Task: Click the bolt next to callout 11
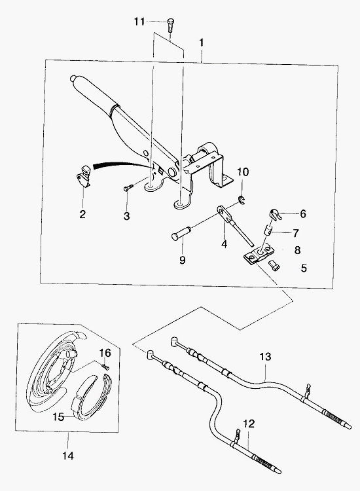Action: pos(170,25)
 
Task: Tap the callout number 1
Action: pos(202,42)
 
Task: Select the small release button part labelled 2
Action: pos(84,176)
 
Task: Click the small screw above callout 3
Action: pos(128,187)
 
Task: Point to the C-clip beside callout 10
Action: pos(242,199)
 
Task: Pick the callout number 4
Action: pos(224,244)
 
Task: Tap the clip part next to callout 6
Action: pos(276,215)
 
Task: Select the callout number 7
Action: pos(296,233)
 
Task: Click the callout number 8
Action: pos(297,250)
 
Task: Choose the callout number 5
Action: pos(304,268)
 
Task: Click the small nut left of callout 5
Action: pos(274,266)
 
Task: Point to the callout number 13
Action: pos(266,357)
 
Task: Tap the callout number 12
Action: pos(249,424)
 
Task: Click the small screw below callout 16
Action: pos(105,365)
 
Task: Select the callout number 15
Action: pos(58,417)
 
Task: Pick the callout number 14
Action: pos(68,456)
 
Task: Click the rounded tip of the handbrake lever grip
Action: pos(73,79)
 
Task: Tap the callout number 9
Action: pos(183,260)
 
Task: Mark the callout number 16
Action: pos(105,353)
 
